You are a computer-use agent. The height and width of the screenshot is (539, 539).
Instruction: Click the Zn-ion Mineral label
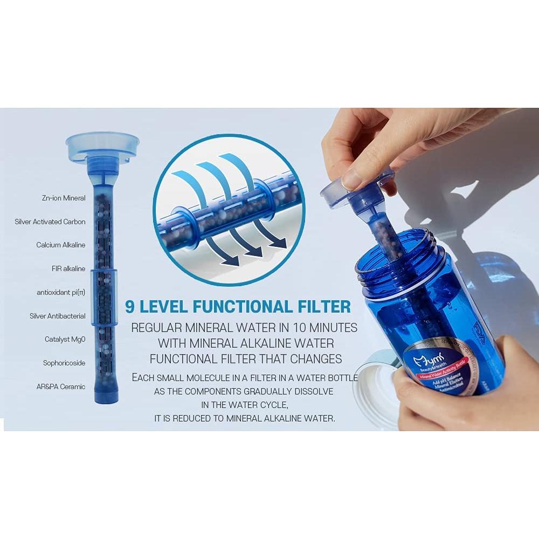[64, 198]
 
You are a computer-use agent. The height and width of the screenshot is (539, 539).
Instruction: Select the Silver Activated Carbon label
[50, 222]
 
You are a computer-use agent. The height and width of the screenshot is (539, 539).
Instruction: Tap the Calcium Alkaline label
[60, 245]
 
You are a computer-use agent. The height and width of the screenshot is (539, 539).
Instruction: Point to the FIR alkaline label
[68, 268]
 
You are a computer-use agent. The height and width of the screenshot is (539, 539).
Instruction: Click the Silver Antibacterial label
[57, 316]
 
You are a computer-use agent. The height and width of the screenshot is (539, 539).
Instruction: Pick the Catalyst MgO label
[65, 340]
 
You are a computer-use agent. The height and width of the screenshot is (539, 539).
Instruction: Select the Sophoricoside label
[64, 363]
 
